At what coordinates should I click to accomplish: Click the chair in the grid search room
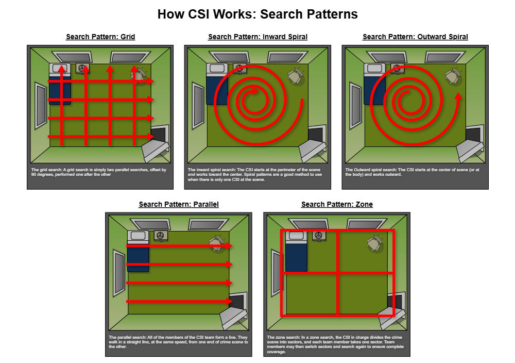coord(139,75)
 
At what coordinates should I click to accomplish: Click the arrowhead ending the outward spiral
coord(458,96)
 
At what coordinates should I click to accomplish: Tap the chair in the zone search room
coord(374,243)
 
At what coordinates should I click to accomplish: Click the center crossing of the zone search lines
coord(337,272)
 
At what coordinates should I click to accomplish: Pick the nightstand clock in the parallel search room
coord(161,236)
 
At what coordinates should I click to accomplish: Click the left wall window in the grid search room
coord(41,106)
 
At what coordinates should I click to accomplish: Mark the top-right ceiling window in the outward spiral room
coord(445,56)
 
